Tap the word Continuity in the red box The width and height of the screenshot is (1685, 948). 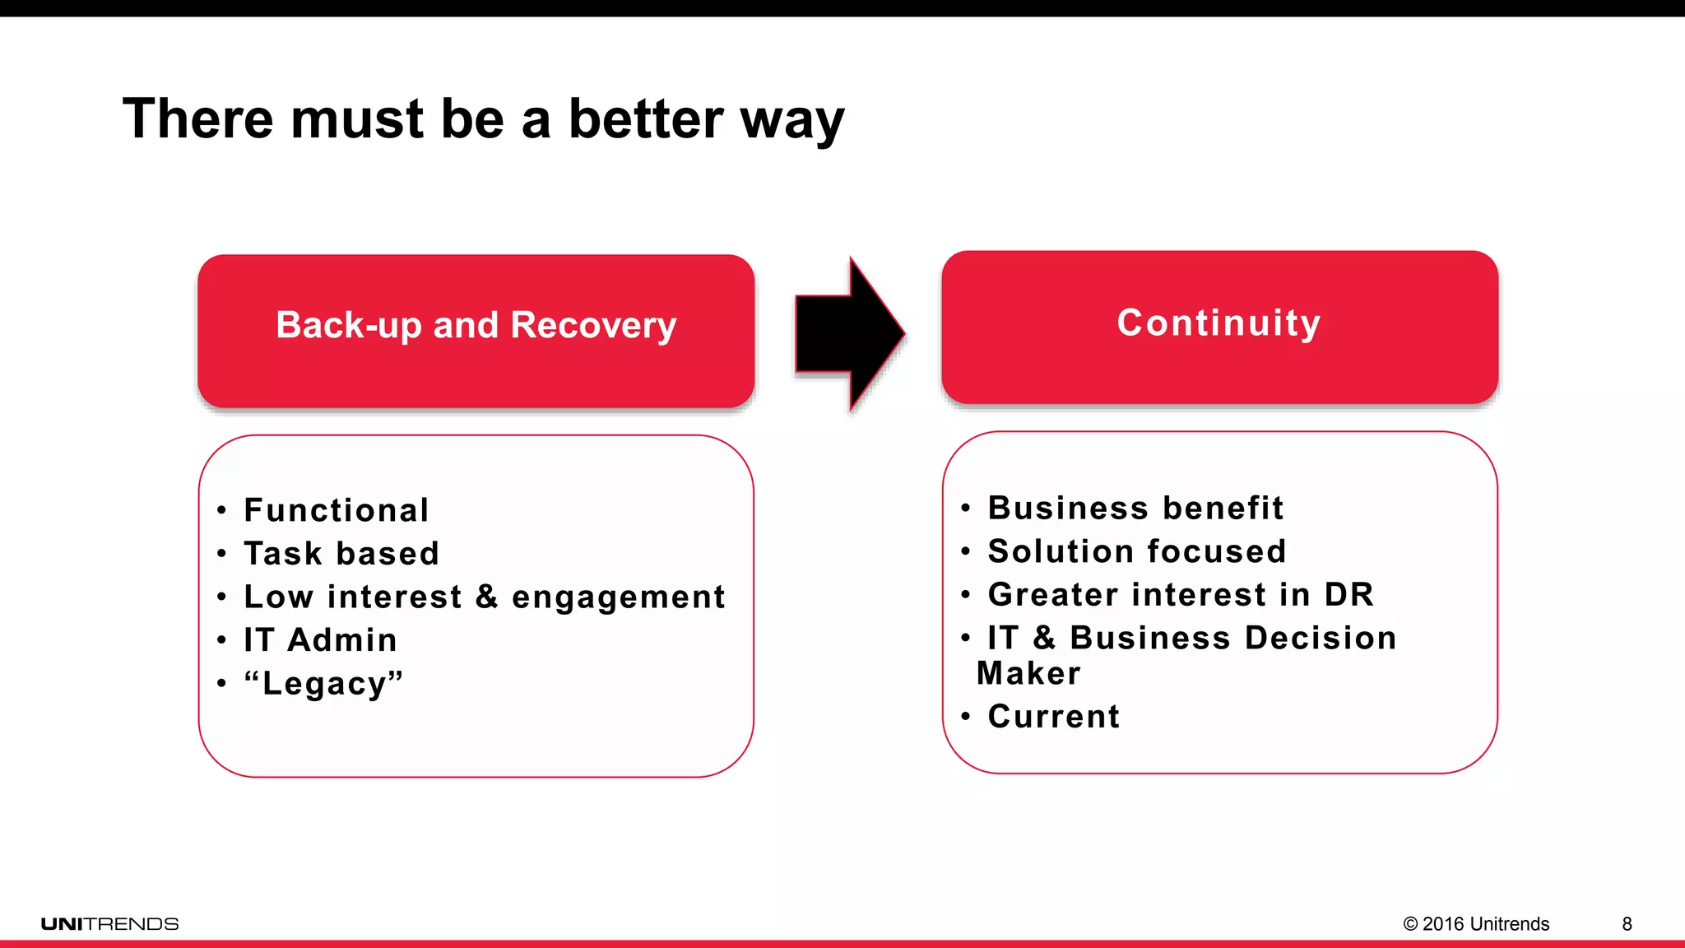[1218, 323]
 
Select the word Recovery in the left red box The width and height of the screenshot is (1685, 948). [593, 326]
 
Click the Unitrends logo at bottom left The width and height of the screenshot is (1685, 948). [109, 924]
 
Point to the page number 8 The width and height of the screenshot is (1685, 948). [1627, 924]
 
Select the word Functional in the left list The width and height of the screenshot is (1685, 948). [337, 510]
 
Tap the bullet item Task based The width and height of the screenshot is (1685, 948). [341, 554]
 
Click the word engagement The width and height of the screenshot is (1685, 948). [619, 597]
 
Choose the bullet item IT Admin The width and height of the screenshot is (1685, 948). [320, 640]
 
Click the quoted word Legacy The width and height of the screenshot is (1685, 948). [323, 684]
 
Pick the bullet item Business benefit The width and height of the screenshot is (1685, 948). [1135, 508]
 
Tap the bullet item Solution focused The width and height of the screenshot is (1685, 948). [1137, 551]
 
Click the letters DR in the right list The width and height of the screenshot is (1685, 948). [1348, 595]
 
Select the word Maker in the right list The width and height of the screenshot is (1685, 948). [1028, 673]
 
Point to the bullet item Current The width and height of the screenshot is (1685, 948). [1053, 717]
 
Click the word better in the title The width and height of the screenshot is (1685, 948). [646, 119]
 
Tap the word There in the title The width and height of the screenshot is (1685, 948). [197, 119]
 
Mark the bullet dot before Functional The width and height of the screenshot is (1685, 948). [221, 511]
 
